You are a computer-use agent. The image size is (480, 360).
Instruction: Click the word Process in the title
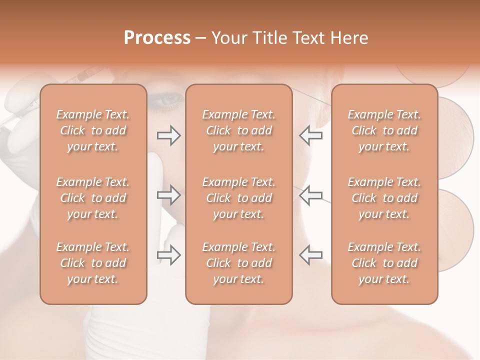(x=157, y=38)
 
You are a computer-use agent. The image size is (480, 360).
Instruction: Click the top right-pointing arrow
(x=168, y=135)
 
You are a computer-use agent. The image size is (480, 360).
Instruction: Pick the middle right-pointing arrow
(x=168, y=195)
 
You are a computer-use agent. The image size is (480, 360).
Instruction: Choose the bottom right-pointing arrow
(x=168, y=255)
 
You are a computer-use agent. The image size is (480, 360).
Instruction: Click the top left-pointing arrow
(x=310, y=135)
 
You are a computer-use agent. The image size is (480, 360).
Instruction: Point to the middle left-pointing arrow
(x=310, y=195)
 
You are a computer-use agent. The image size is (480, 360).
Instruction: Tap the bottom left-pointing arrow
(x=310, y=255)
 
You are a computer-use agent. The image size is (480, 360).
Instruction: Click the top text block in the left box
(x=93, y=130)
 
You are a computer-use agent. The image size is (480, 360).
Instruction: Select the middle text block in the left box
(x=93, y=198)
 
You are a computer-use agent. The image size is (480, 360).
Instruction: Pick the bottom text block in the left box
(x=93, y=263)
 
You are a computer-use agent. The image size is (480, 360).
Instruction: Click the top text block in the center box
(x=239, y=130)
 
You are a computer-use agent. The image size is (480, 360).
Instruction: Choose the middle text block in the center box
(x=239, y=198)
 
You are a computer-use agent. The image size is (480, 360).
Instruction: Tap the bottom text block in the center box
(x=239, y=263)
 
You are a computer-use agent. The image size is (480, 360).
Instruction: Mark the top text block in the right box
(x=384, y=130)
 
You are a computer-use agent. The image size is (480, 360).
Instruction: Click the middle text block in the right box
(x=384, y=198)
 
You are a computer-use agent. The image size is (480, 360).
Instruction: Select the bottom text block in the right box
(x=384, y=263)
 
